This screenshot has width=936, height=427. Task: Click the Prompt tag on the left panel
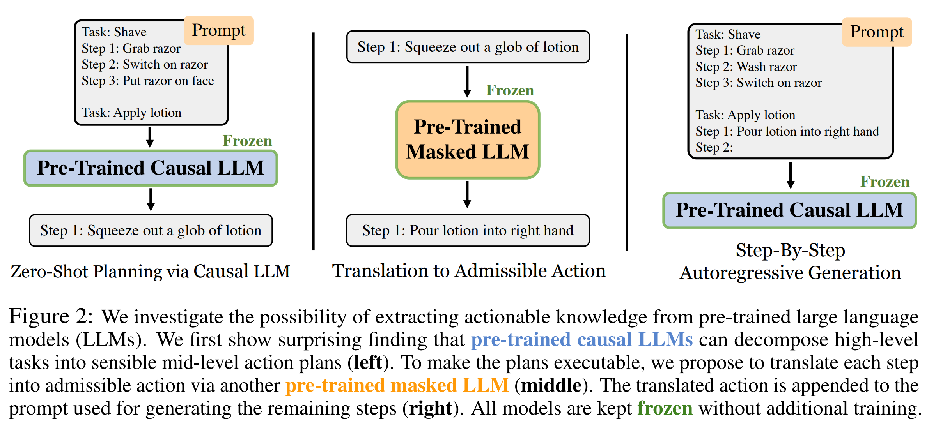[218, 30]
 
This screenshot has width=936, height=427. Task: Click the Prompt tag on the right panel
[876, 32]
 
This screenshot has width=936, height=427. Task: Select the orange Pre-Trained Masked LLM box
[468, 139]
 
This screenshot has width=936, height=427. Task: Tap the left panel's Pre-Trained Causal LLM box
[151, 168]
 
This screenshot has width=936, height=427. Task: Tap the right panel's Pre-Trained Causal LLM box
[789, 210]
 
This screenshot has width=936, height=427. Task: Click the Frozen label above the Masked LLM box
[510, 90]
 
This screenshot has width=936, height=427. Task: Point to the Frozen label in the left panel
[247, 141]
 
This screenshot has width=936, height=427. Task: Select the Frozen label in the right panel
[885, 182]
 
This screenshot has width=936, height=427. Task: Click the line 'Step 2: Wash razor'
[746, 67]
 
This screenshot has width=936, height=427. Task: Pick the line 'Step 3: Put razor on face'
[147, 81]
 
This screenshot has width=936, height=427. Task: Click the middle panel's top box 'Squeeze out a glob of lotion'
[468, 47]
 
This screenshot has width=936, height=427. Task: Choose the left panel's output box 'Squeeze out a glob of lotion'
[151, 230]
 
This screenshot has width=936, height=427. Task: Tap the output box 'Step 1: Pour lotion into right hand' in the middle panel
[468, 230]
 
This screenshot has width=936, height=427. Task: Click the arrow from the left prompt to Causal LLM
[150, 137]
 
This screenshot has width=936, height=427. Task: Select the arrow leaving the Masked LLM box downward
[467, 194]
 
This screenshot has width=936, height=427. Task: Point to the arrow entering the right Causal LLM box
[791, 175]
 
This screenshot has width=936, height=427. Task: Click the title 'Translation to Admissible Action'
[468, 271]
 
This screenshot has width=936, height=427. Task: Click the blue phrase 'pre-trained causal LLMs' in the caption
[581, 339]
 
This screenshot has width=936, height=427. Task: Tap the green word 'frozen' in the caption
[665, 408]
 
